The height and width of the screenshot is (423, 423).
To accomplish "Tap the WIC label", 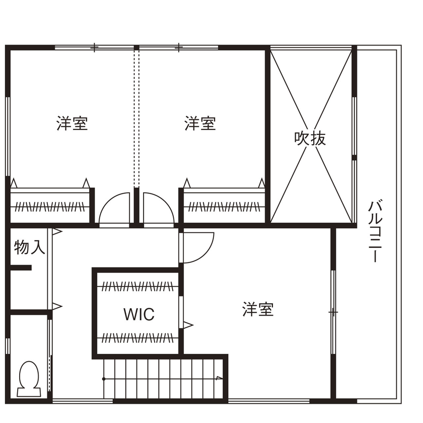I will click(x=139, y=314).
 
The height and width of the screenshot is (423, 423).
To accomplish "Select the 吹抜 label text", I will click(x=310, y=138).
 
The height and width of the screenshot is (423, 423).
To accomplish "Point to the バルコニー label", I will click(x=374, y=231).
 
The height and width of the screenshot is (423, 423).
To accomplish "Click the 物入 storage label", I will click(x=29, y=248).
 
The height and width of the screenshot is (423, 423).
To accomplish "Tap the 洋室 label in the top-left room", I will click(x=72, y=123).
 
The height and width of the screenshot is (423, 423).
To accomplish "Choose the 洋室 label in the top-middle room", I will click(x=200, y=123).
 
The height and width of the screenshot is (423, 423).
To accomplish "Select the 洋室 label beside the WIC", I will click(x=258, y=309).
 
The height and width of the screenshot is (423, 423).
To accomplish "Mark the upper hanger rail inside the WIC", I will click(x=137, y=287).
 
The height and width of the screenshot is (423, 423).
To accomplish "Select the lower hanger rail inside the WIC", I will click(x=137, y=337).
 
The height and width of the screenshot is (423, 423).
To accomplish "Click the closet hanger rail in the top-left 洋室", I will click(x=49, y=206).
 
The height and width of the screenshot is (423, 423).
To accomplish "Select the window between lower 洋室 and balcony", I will click(x=333, y=312).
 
